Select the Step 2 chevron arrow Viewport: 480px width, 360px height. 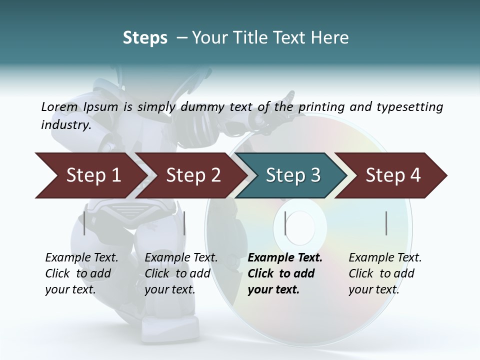click(192, 175)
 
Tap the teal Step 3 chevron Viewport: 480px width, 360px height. click(292, 175)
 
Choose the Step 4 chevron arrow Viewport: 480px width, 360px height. click(392, 175)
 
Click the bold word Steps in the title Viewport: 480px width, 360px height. click(145, 37)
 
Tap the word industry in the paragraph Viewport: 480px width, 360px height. click(66, 124)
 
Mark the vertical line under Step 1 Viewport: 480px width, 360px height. click(84, 223)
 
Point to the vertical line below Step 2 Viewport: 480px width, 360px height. click(184, 223)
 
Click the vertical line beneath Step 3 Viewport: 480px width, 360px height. click(285, 223)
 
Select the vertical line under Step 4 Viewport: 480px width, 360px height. click(386, 223)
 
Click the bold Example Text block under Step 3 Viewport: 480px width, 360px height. click(284, 273)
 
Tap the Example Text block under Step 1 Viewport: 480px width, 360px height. click(81, 273)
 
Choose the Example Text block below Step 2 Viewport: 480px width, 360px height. click(180, 273)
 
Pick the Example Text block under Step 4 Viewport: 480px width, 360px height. click(384, 273)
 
